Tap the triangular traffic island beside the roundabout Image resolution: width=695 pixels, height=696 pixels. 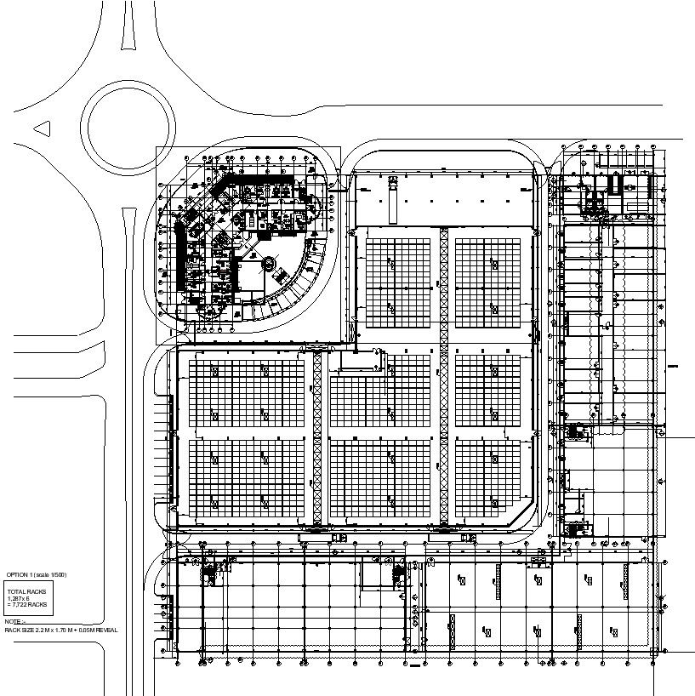tap(41, 129)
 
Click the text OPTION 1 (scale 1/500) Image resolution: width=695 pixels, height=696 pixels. tap(37, 576)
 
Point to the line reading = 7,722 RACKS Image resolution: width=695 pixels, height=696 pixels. tap(27, 604)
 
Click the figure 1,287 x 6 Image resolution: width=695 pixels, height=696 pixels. tap(19, 597)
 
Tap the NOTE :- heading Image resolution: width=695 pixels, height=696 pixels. tap(15, 622)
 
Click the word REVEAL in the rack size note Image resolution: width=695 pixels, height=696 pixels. tap(107, 630)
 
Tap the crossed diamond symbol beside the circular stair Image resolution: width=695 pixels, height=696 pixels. tap(282, 273)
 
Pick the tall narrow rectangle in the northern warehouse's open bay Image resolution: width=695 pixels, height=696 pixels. tap(393, 202)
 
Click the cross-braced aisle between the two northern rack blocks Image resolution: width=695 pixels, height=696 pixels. tap(443, 281)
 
